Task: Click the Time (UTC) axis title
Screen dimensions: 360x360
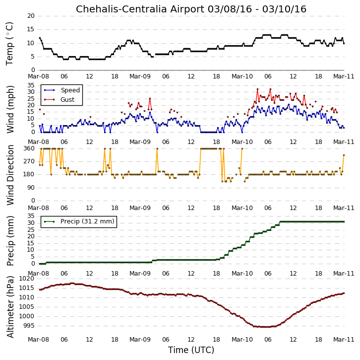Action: [191, 350]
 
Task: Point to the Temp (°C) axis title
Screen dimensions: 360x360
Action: [9, 44]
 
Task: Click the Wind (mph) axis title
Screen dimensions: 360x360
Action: [10, 109]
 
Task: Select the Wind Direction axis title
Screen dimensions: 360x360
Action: [10, 175]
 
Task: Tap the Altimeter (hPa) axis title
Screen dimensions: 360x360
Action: [10, 307]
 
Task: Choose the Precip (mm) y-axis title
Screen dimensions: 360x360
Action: [10, 241]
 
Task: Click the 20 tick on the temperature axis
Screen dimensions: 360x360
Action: [31, 16]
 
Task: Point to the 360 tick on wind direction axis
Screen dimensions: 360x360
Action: [29, 148]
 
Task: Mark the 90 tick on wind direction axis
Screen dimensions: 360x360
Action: [31, 188]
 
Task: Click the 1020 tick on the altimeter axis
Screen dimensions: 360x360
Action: [27, 279]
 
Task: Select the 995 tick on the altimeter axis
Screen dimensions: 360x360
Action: [29, 326]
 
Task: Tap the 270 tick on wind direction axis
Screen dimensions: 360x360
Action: [29, 161]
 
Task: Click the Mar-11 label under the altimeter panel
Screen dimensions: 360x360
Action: [344, 340]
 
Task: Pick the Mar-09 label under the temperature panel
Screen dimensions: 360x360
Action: [140, 76]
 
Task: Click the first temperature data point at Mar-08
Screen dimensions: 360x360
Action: [40, 38]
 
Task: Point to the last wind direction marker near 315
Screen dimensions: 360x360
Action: [344, 155]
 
